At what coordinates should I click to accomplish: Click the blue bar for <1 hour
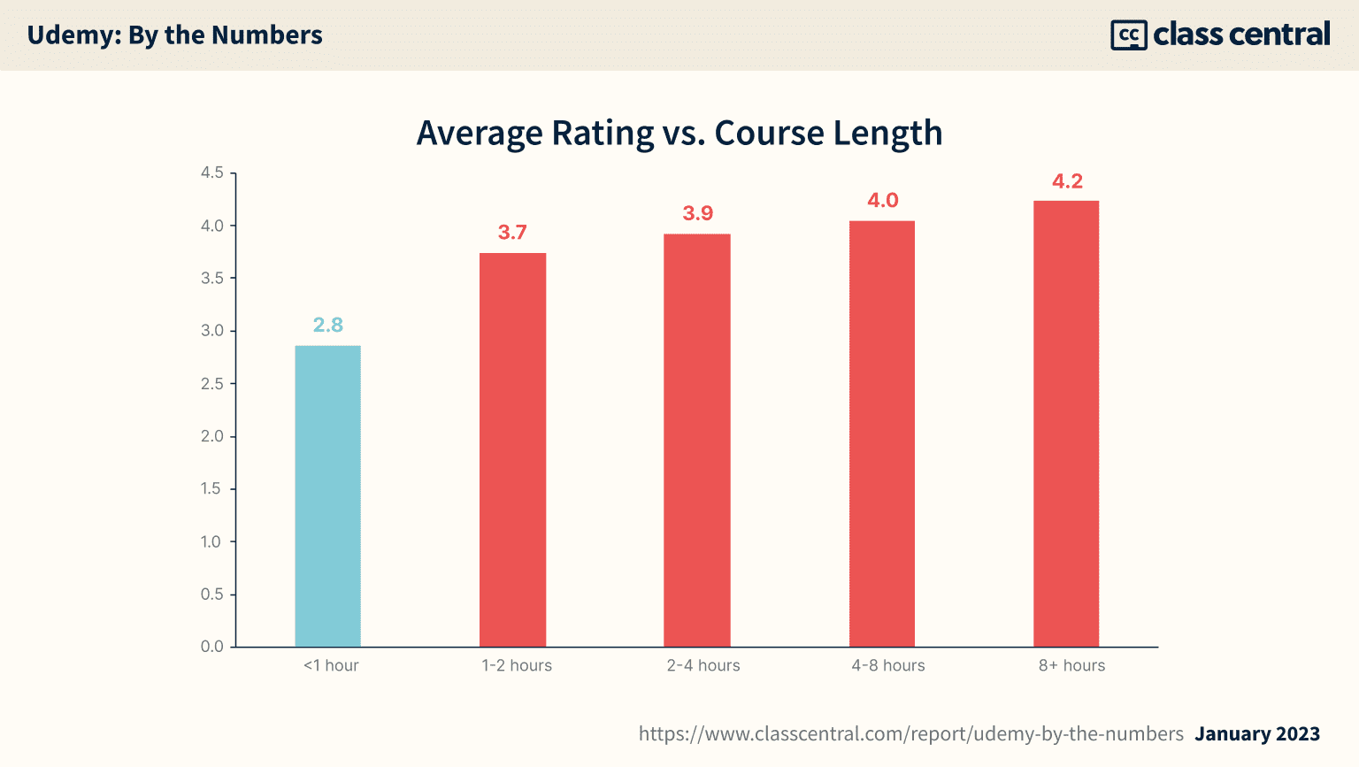[327, 495]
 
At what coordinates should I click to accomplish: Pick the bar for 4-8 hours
[882, 433]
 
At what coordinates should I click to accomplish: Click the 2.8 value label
[327, 326]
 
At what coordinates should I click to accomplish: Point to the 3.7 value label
[512, 233]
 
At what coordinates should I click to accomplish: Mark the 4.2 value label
[1067, 181]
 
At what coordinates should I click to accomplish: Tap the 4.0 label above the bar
[882, 201]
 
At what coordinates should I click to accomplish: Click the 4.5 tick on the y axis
[212, 173]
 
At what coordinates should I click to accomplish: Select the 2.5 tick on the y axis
[212, 384]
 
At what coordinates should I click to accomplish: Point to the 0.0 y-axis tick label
[212, 647]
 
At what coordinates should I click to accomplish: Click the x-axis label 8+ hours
[1071, 666]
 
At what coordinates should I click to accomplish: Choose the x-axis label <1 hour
[331, 666]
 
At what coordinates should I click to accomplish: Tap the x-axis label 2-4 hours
[703, 666]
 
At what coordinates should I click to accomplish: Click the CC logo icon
[1128, 35]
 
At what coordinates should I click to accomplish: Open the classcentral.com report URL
[910, 734]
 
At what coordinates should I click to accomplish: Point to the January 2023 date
[1257, 734]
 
